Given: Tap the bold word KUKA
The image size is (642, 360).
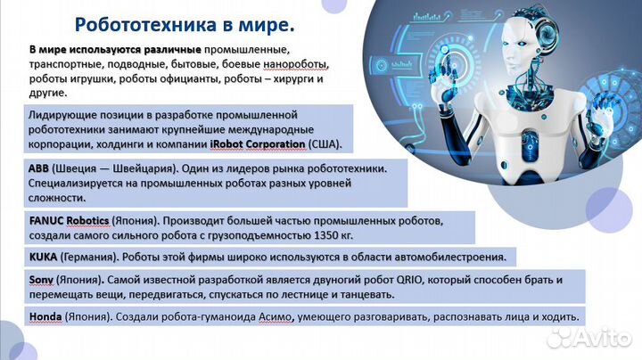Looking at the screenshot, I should [45, 257].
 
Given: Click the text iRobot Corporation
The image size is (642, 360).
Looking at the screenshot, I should [257, 143].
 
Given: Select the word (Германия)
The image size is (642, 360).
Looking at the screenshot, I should [90, 257].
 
